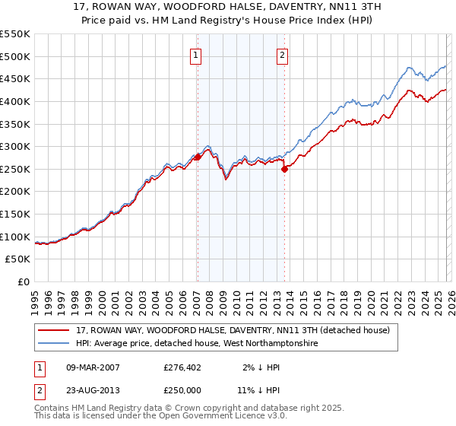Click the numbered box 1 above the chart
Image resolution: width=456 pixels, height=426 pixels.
point(196,55)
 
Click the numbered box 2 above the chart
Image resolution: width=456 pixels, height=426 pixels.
point(282,55)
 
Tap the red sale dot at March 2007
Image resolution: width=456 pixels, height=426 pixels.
point(198,157)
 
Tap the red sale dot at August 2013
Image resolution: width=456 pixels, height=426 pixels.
point(284,169)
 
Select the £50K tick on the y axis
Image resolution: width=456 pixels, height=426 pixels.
point(18,259)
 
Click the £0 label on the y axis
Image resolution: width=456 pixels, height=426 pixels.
point(24,282)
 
